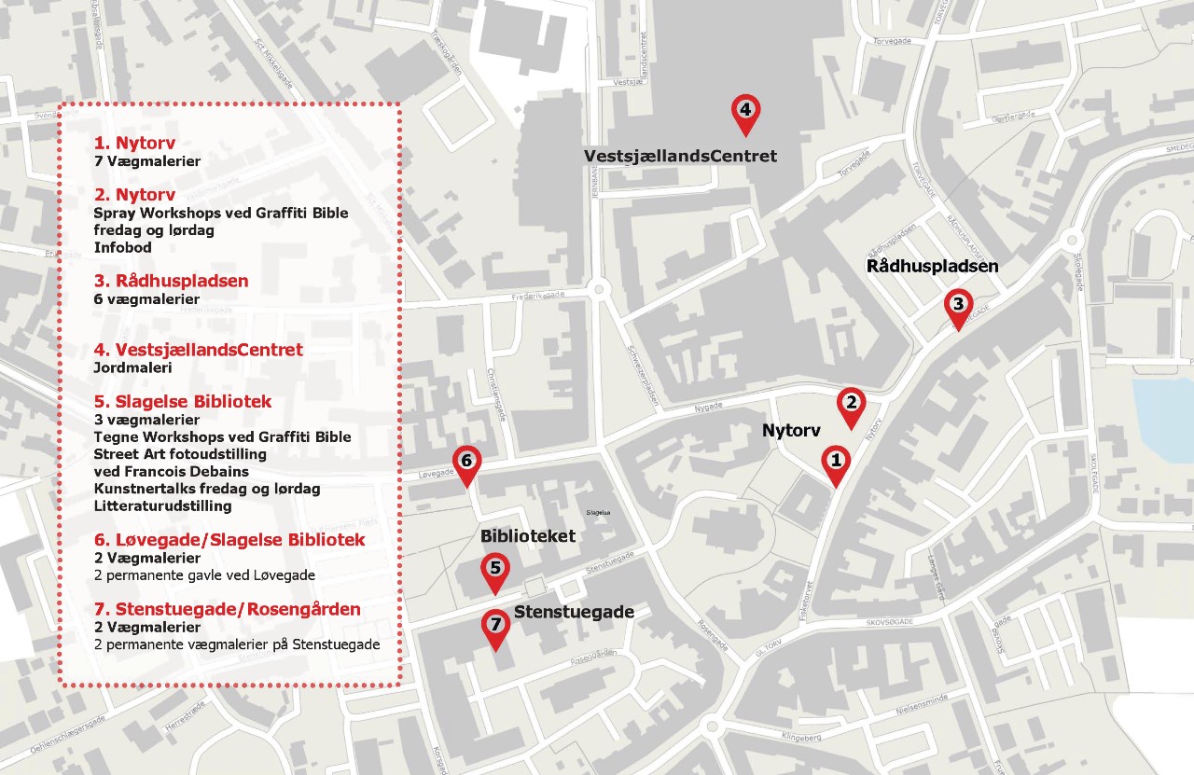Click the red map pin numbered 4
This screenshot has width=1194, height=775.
coord(744,112)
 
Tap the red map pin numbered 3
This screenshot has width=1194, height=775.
coord(957,307)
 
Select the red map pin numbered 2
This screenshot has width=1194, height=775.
coord(851,405)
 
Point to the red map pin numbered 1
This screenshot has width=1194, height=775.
coord(836,463)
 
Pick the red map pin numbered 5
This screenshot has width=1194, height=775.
coord(494,570)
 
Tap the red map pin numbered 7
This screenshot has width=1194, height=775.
coord(494,627)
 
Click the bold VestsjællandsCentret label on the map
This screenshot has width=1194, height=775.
coord(680,156)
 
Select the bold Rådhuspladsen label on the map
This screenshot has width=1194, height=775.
coord(932,267)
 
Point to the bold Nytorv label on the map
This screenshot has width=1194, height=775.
coord(790,431)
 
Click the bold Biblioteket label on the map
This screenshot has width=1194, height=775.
coord(528,537)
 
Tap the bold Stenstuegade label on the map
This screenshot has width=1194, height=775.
coord(574,613)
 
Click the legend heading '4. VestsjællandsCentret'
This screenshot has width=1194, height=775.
coord(198,351)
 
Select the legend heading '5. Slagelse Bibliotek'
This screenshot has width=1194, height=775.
coord(183,402)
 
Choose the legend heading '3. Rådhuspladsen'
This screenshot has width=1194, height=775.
coord(171,281)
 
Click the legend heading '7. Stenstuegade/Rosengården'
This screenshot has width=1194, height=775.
coord(227,610)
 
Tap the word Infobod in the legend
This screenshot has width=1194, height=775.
coord(123,248)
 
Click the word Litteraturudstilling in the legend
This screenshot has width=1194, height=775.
coord(162,506)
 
